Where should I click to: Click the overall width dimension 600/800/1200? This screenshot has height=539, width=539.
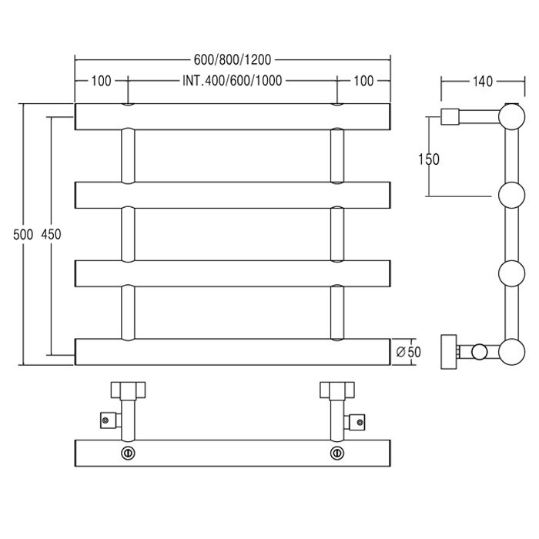(x=233, y=60)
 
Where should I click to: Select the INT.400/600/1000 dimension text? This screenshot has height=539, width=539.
(x=233, y=81)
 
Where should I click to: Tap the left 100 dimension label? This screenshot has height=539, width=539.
(x=101, y=81)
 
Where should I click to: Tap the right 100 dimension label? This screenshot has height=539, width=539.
(x=363, y=81)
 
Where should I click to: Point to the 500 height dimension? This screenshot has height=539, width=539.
(x=23, y=234)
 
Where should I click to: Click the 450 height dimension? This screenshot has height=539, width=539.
(x=51, y=234)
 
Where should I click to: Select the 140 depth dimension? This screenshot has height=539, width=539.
(x=483, y=82)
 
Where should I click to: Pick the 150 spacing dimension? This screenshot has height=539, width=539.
(x=429, y=159)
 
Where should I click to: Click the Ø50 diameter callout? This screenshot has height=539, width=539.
(x=409, y=352)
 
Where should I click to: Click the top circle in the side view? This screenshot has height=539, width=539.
(x=512, y=117)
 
